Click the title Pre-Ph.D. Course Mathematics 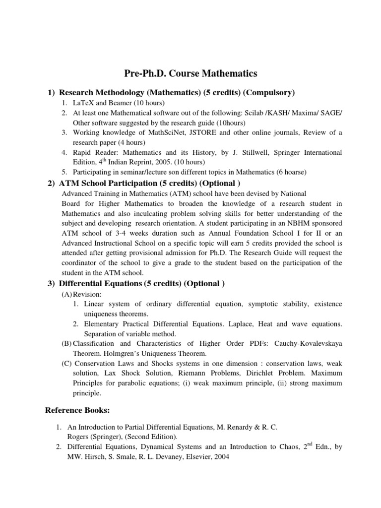[190, 74]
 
